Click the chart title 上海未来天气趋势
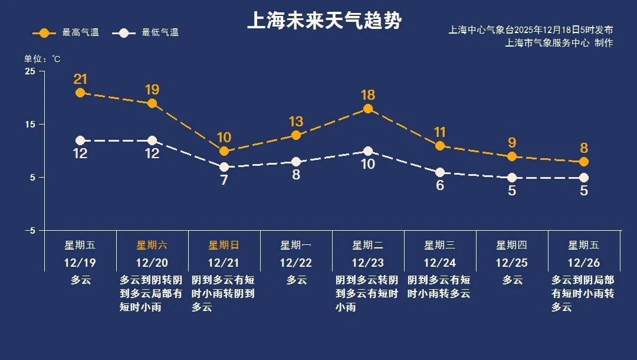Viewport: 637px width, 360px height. [x=324, y=21]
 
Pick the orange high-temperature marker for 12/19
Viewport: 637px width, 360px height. [x=80, y=93]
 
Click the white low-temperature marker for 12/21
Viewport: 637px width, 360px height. [x=224, y=167]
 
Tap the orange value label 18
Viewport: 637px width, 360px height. [x=368, y=95]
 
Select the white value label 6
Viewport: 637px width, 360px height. [x=440, y=185]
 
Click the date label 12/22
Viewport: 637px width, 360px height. [x=296, y=263]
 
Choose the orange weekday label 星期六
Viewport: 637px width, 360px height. [x=152, y=246]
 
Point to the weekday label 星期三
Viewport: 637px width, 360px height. [x=440, y=246]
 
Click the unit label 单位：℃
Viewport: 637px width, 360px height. [x=42, y=59]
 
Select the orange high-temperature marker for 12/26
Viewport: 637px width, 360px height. [x=584, y=162]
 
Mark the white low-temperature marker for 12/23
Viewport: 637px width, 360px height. [x=368, y=151]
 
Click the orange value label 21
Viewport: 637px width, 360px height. [x=80, y=79]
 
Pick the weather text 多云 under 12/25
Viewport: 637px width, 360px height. [x=512, y=280]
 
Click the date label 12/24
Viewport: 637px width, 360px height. [x=440, y=263]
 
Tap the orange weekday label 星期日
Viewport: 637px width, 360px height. [x=224, y=246]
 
